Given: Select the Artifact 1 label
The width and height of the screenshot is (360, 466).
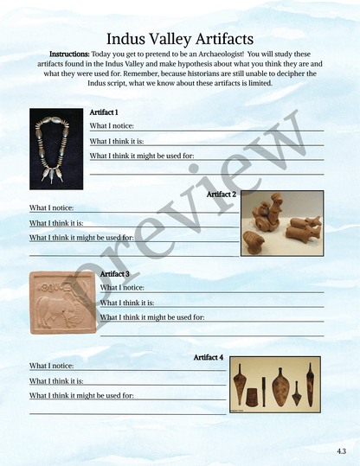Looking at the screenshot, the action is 104,112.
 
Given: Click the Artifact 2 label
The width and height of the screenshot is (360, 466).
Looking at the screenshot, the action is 222,195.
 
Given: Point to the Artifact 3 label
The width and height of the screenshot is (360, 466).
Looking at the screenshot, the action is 115,274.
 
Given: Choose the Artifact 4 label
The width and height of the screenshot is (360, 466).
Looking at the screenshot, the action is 209,356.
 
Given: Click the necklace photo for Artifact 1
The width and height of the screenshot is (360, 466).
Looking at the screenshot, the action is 56,149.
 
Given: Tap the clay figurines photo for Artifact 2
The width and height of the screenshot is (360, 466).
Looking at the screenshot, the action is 282,223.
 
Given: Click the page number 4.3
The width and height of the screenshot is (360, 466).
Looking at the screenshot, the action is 342,452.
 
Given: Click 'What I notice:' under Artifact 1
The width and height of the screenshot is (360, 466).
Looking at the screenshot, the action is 112,126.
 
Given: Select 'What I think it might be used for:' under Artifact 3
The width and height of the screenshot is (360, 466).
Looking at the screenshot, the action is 152,317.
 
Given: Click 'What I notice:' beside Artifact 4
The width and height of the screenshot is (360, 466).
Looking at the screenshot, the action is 51,366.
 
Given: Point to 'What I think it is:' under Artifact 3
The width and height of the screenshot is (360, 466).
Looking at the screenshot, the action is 127,303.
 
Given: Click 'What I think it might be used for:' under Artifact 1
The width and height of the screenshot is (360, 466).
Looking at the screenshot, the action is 142,156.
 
